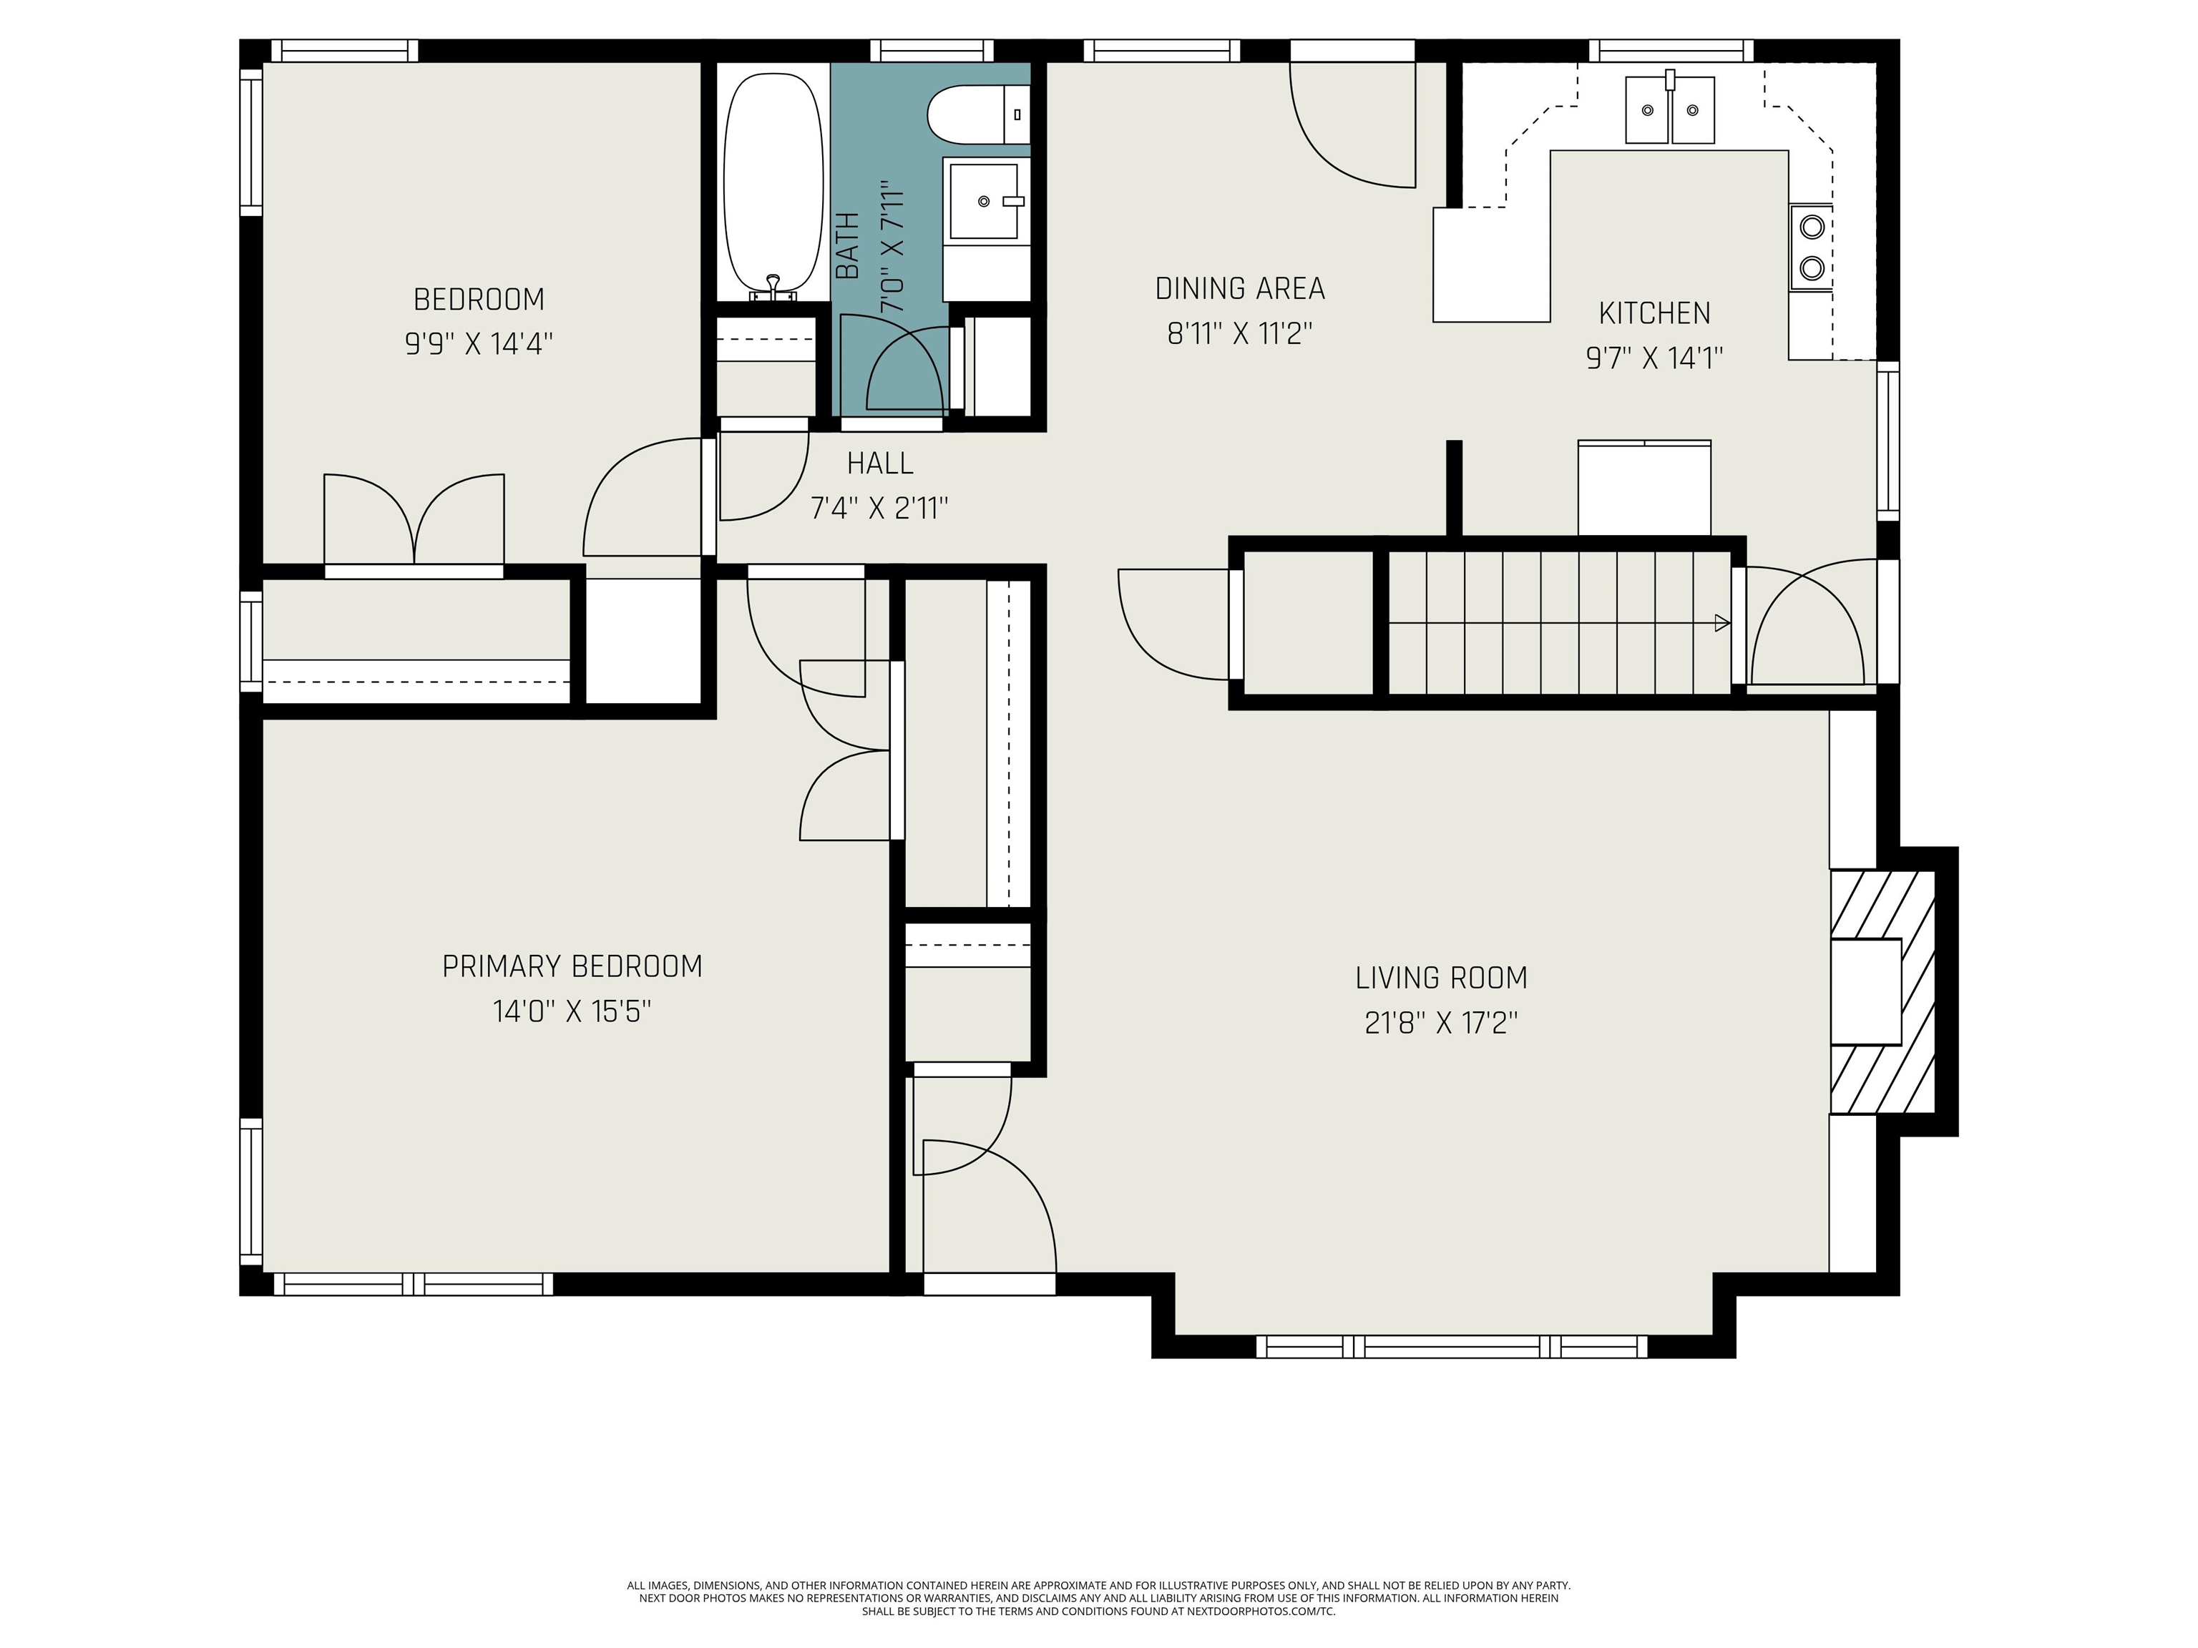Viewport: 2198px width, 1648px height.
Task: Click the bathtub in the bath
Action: [773, 184]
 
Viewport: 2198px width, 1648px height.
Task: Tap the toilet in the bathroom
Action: [978, 114]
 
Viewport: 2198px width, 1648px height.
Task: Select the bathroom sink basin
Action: [985, 202]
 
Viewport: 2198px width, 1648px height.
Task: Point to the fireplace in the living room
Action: [1883, 991]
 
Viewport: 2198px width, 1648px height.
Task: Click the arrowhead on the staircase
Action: [1722, 624]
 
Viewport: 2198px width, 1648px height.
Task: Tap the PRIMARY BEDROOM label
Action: [572, 966]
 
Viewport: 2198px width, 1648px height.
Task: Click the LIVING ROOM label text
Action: [1441, 978]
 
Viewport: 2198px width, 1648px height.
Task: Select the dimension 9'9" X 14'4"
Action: [478, 344]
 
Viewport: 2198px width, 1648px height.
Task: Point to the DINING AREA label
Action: [1240, 289]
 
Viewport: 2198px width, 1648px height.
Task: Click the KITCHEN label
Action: [1654, 314]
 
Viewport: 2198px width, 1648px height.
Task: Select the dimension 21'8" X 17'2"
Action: [1441, 1023]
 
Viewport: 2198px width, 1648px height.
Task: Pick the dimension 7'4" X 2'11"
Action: [879, 509]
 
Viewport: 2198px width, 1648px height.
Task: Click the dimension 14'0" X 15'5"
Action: [572, 1011]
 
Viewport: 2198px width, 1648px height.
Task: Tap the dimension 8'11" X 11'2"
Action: [1240, 334]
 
